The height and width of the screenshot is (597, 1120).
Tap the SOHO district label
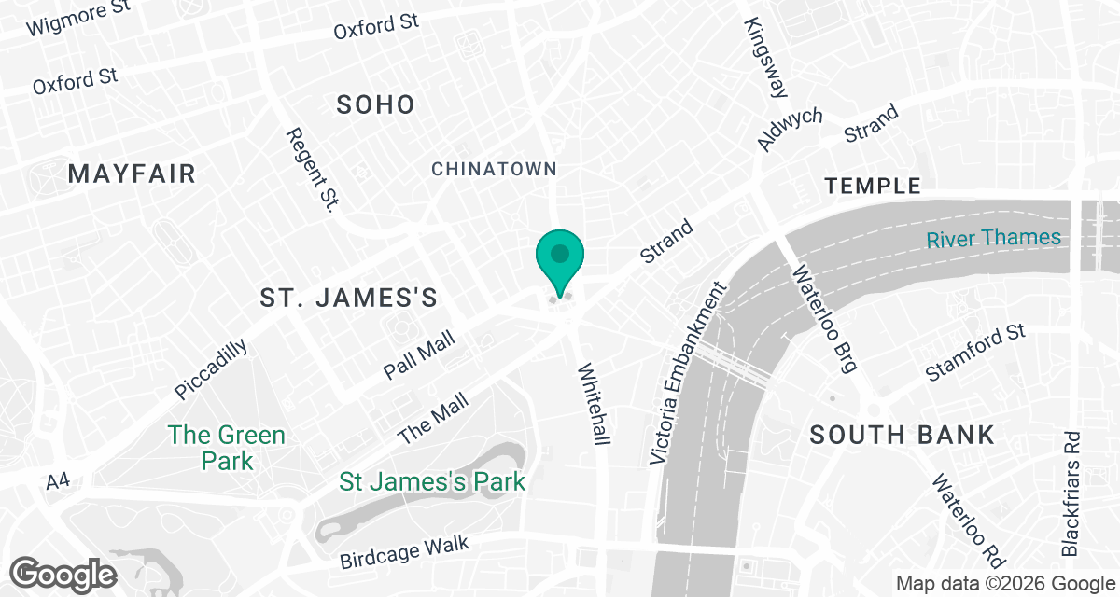376,104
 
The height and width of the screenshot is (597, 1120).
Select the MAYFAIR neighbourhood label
132,174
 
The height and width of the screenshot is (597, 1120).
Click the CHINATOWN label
494,169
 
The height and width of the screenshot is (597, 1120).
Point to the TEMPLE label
874,186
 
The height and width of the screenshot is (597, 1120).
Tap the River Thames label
993,238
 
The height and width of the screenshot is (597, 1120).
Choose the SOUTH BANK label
902,435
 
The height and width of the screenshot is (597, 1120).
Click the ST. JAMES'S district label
348,298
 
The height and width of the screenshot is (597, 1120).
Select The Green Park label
227,448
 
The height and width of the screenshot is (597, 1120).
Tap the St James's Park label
432,482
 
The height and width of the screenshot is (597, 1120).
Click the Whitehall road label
594,403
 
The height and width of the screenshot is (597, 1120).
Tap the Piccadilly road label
212,369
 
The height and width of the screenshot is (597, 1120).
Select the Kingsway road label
767,58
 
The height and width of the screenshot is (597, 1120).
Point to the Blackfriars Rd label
1071,493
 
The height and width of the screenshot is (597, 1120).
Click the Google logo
64,574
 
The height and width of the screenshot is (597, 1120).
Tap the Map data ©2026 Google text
1005,584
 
